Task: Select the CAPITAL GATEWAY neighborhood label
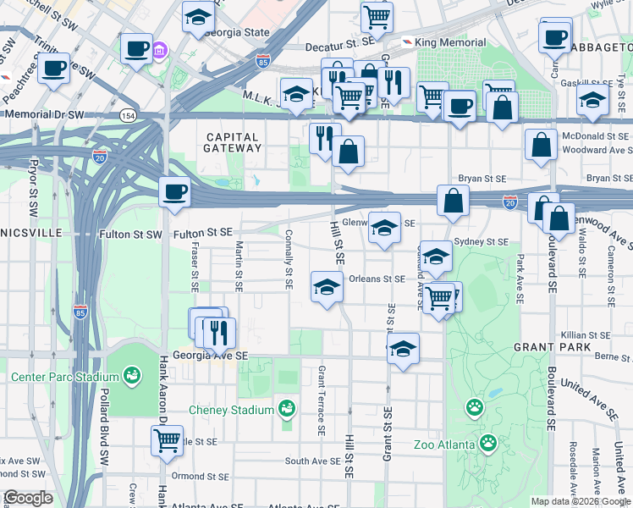point(232,142)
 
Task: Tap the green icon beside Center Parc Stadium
point(131,374)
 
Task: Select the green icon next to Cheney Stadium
point(287,410)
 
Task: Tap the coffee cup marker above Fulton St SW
point(174,191)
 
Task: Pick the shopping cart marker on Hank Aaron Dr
point(168,439)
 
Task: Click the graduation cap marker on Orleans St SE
point(327,286)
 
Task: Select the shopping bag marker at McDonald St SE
point(541,145)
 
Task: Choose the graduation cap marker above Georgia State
point(198,17)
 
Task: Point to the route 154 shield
point(128,114)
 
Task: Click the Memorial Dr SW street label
point(44,113)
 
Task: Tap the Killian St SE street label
point(580,336)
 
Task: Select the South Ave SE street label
point(311,461)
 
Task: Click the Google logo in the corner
point(28,498)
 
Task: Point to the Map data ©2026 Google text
point(580,501)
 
